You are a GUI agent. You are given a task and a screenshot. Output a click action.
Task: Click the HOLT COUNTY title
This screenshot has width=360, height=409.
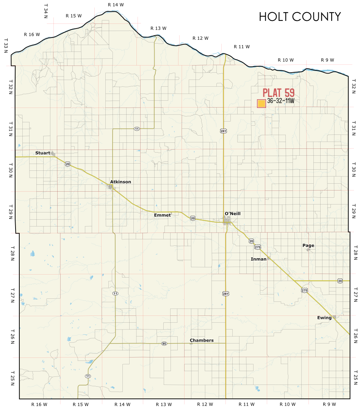click(x=300, y=17)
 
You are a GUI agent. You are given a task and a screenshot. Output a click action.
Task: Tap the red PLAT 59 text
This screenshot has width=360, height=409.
click(x=279, y=93)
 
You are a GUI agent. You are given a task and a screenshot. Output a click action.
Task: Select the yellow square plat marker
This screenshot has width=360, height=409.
click(x=261, y=104)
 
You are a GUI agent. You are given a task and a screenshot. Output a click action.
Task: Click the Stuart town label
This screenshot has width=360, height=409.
click(x=42, y=153)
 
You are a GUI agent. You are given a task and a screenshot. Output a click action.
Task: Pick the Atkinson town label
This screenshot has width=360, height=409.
click(x=121, y=182)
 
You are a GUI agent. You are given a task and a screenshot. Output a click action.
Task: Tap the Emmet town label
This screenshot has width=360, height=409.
click(x=162, y=215)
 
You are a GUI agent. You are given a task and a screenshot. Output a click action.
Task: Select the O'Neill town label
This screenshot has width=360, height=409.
click(x=232, y=214)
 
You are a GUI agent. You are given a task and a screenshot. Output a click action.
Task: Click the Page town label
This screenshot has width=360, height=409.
click(x=308, y=245)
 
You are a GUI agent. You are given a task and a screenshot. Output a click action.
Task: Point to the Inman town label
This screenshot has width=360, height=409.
click(x=258, y=259)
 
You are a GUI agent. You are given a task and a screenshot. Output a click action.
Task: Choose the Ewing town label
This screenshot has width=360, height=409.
click(x=324, y=318)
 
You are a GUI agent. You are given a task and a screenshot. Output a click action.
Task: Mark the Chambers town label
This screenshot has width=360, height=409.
click(x=202, y=340)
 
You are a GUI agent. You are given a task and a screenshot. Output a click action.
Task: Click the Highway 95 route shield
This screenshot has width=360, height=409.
click(x=164, y=343)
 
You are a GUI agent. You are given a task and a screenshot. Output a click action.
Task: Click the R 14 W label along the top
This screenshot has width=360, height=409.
click(x=116, y=5)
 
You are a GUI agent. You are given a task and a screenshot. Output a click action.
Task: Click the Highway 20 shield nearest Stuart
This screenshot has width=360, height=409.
click(x=67, y=164)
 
